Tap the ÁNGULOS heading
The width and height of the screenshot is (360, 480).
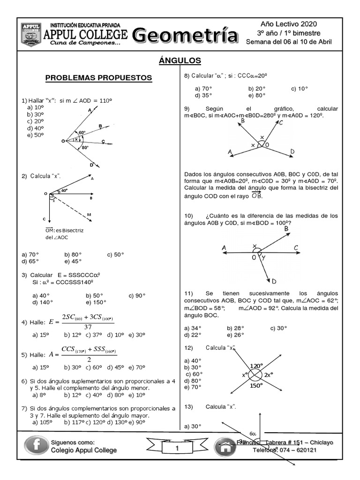(180, 60)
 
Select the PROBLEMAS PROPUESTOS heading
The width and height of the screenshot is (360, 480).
(98, 78)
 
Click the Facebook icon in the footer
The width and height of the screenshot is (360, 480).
(36, 446)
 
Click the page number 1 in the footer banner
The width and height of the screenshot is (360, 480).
(177, 449)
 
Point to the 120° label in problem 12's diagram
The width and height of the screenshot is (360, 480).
(256, 366)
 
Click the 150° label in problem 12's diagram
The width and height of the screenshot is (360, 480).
(256, 385)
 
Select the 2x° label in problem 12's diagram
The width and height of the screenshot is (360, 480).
(269, 375)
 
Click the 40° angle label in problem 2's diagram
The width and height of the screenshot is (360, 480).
(64, 191)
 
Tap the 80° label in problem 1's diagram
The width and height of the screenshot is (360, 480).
(85, 148)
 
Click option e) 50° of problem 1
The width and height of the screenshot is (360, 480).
(35, 135)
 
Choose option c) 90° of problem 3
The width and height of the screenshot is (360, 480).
(136, 296)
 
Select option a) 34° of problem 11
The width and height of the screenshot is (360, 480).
(193, 328)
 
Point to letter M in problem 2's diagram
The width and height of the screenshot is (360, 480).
(89, 215)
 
